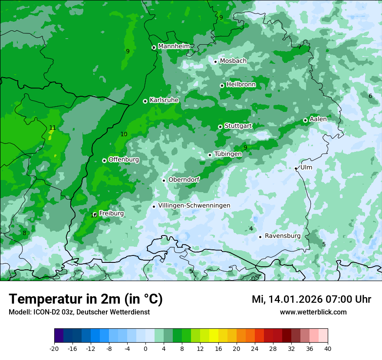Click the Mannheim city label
(x=174, y=46)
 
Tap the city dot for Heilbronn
(x=222, y=85)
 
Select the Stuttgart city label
(x=238, y=126)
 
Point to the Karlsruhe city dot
(x=145, y=101)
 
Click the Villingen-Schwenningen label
(x=194, y=206)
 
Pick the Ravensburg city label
(x=283, y=236)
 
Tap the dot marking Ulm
(x=296, y=168)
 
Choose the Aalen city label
(x=318, y=119)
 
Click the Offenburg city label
(x=124, y=160)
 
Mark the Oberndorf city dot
(x=164, y=180)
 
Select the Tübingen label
(x=228, y=154)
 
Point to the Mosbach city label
(x=233, y=61)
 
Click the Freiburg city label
(x=111, y=213)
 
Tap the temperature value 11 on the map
(x=52, y=128)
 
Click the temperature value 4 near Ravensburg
(x=251, y=229)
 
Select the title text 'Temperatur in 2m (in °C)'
(x=86, y=299)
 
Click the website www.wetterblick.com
(x=313, y=312)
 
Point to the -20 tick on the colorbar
(x=54, y=349)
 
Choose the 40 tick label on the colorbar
(x=328, y=349)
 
